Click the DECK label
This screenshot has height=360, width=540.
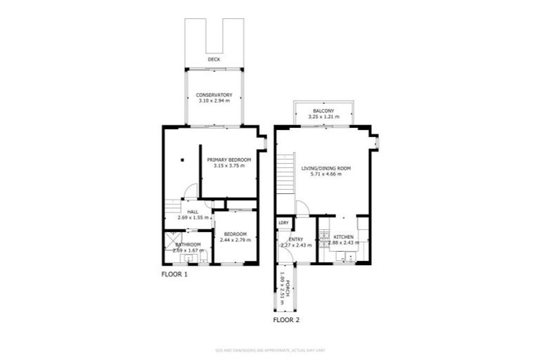click(x=214, y=60)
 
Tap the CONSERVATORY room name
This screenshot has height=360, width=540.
click(x=214, y=95)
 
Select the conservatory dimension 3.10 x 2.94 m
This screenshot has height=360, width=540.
click(x=214, y=101)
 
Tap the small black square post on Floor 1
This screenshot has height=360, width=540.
click(x=181, y=160)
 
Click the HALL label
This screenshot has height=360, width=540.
click(x=193, y=212)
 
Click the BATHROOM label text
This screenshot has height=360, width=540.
click(x=188, y=245)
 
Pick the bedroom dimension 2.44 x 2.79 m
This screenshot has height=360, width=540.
click(x=235, y=240)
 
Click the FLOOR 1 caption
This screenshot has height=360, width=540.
click(x=175, y=274)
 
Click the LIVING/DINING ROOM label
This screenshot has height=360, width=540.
click(x=326, y=169)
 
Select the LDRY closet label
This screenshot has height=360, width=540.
click(x=284, y=223)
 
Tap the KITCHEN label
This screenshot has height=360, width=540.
click(x=343, y=237)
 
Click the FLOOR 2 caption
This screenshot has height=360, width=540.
click(x=286, y=320)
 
